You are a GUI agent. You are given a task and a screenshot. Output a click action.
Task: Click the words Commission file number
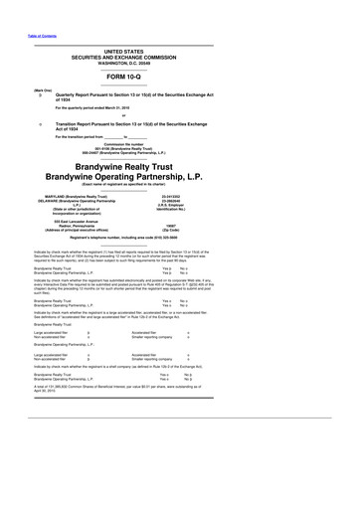point(179,144)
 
